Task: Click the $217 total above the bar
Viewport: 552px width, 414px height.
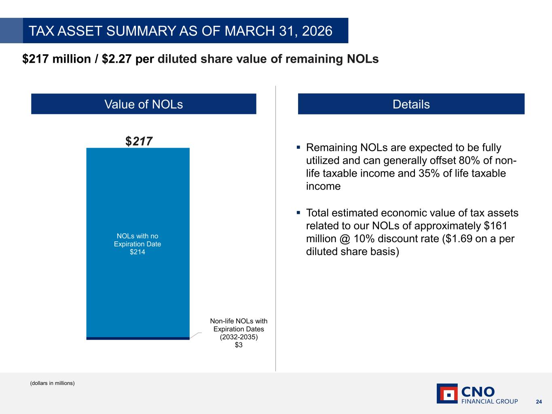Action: coord(139,141)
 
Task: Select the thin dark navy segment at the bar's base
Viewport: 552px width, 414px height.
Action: coord(138,338)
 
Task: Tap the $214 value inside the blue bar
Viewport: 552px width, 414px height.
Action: coord(137,252)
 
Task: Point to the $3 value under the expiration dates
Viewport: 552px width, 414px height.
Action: coord(239,345)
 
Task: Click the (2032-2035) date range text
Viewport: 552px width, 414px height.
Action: coord(239,337)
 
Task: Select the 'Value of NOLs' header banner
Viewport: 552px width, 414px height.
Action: coord(144,104)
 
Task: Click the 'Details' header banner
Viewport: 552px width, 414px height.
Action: coord(411,104)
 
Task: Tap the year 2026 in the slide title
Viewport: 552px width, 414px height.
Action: coord(317,31)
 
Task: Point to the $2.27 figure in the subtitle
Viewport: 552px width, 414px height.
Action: coord(117,59)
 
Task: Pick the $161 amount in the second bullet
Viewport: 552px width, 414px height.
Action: coord(496,226)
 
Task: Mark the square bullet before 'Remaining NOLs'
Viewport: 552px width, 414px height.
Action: coord(298,147)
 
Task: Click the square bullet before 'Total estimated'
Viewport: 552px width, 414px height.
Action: coord(298,213)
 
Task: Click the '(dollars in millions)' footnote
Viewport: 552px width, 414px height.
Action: coord(52,383)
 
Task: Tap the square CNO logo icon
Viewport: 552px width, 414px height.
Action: coord(447,394)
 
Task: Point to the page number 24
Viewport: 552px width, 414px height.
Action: coord(539,402)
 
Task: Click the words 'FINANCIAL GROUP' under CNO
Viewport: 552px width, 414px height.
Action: coord(489,401)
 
